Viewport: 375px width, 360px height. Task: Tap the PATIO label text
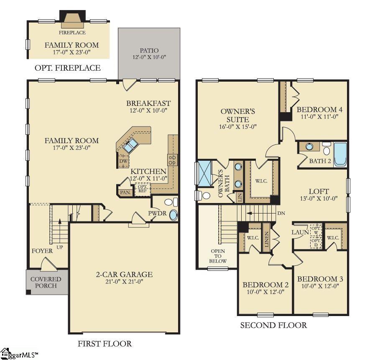[x=149, y=51]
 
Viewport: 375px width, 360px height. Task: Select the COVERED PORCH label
[x=46, y=282]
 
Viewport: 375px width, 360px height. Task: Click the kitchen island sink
[x=130, y=145]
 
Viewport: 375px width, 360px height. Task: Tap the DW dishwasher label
[x=123, y=161]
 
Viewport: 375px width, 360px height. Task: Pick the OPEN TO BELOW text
[x=218, y=256]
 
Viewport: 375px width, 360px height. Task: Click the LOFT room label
[x=319, y=191]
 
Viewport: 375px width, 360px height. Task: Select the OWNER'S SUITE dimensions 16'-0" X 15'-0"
[x=238, y=126]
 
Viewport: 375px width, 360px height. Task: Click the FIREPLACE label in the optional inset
[x=72, y=32]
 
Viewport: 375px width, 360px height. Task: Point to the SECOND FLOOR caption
[x=273, y=325]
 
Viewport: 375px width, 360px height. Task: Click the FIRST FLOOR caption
[x=105, y=344]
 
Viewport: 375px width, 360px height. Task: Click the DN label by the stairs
[x=282, y=213]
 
